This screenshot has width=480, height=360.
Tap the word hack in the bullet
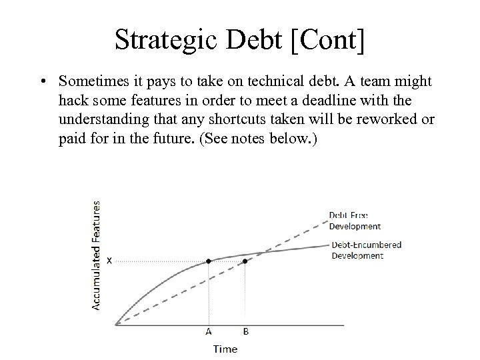73,100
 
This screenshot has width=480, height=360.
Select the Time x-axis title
225,349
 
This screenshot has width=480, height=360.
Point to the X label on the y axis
109,261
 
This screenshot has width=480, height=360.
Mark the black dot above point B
245,261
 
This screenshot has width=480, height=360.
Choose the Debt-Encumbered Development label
366,250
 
